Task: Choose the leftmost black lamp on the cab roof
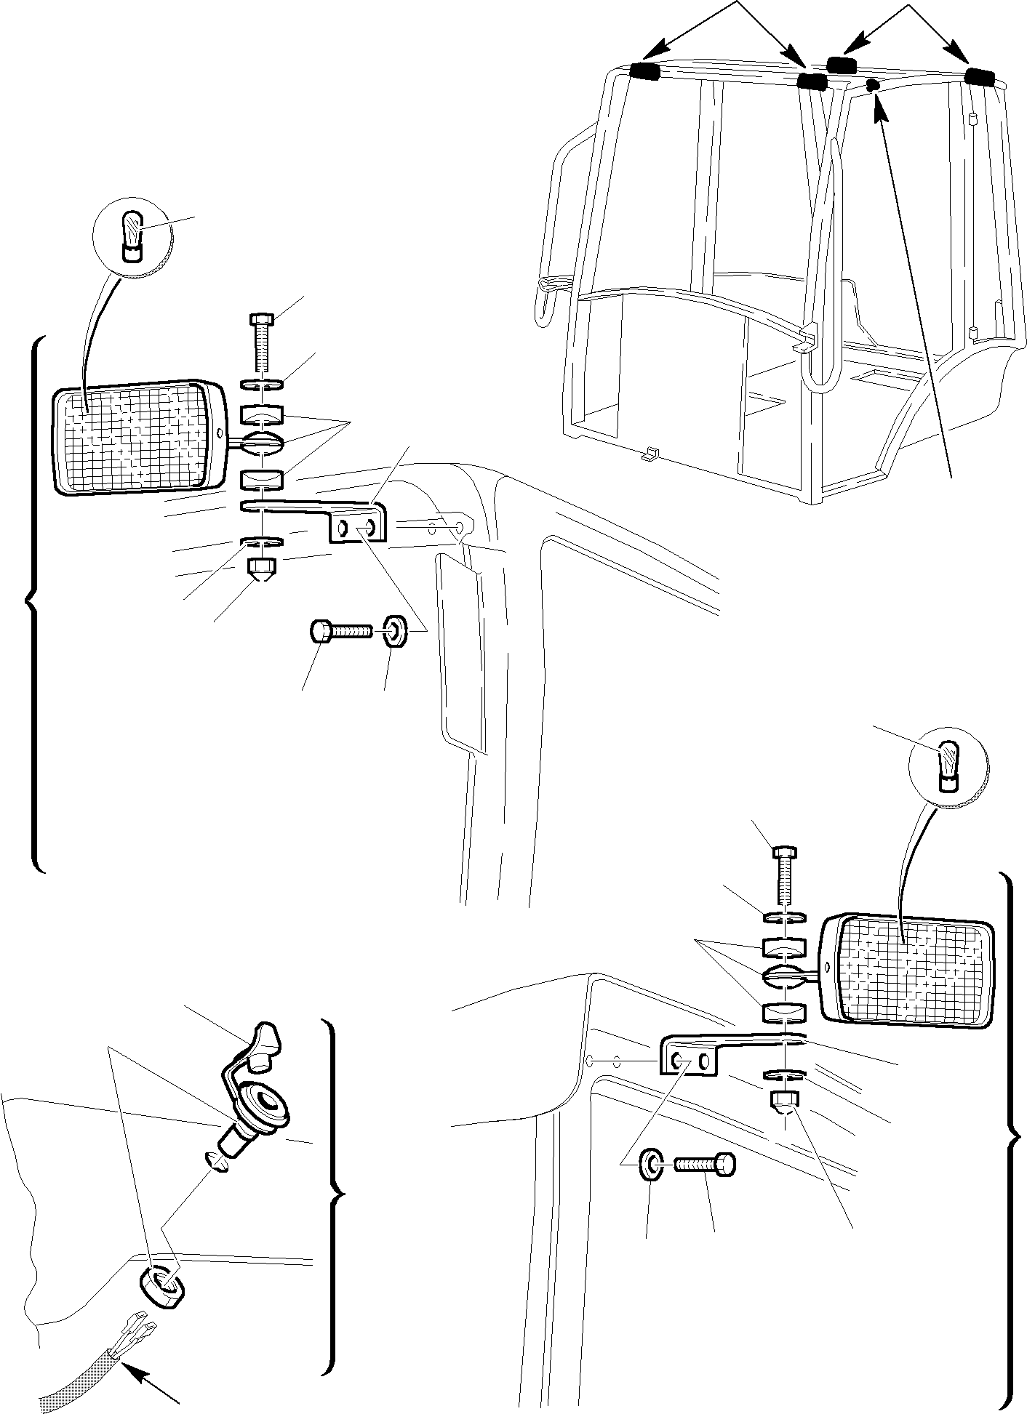coord(644,71)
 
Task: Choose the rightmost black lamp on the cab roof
coord(979,76)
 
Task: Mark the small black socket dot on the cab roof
coord(874,86)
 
